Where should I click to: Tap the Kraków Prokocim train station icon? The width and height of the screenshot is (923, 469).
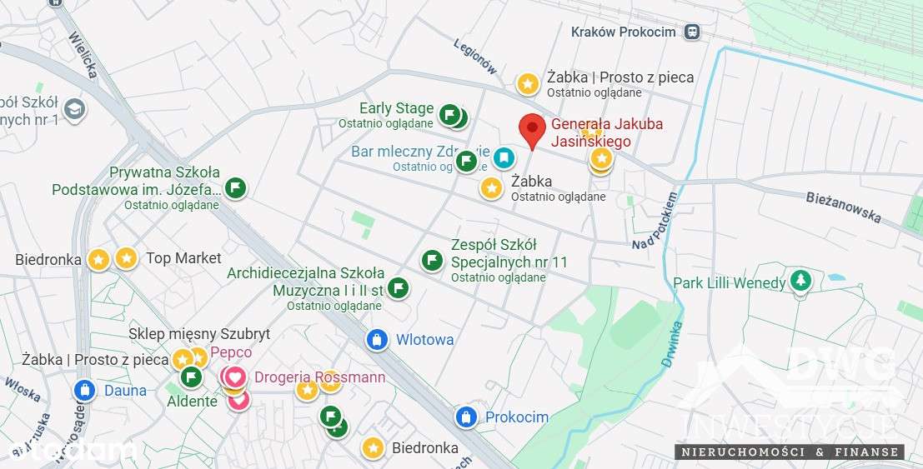690,32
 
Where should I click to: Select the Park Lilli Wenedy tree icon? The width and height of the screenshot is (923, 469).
800,282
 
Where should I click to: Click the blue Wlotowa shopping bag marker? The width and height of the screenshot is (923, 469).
378,339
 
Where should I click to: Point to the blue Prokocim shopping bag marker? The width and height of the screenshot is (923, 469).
467,417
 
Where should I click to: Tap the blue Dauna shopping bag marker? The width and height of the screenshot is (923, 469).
84,390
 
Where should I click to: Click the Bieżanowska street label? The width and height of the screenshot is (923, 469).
844,207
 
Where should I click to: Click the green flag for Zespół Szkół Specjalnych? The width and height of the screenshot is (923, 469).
432,261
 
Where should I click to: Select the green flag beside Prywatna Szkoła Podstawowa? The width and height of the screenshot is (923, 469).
237,187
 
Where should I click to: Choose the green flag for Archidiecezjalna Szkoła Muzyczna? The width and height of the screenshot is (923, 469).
399,288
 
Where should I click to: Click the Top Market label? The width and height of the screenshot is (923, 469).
183,258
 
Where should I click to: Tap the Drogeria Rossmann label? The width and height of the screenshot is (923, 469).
319,377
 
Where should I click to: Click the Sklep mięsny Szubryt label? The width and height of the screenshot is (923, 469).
199,334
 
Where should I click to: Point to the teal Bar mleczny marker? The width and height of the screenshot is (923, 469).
503,157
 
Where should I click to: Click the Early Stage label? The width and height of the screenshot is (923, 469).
396,108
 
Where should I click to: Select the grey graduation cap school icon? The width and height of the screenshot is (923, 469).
74,109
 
